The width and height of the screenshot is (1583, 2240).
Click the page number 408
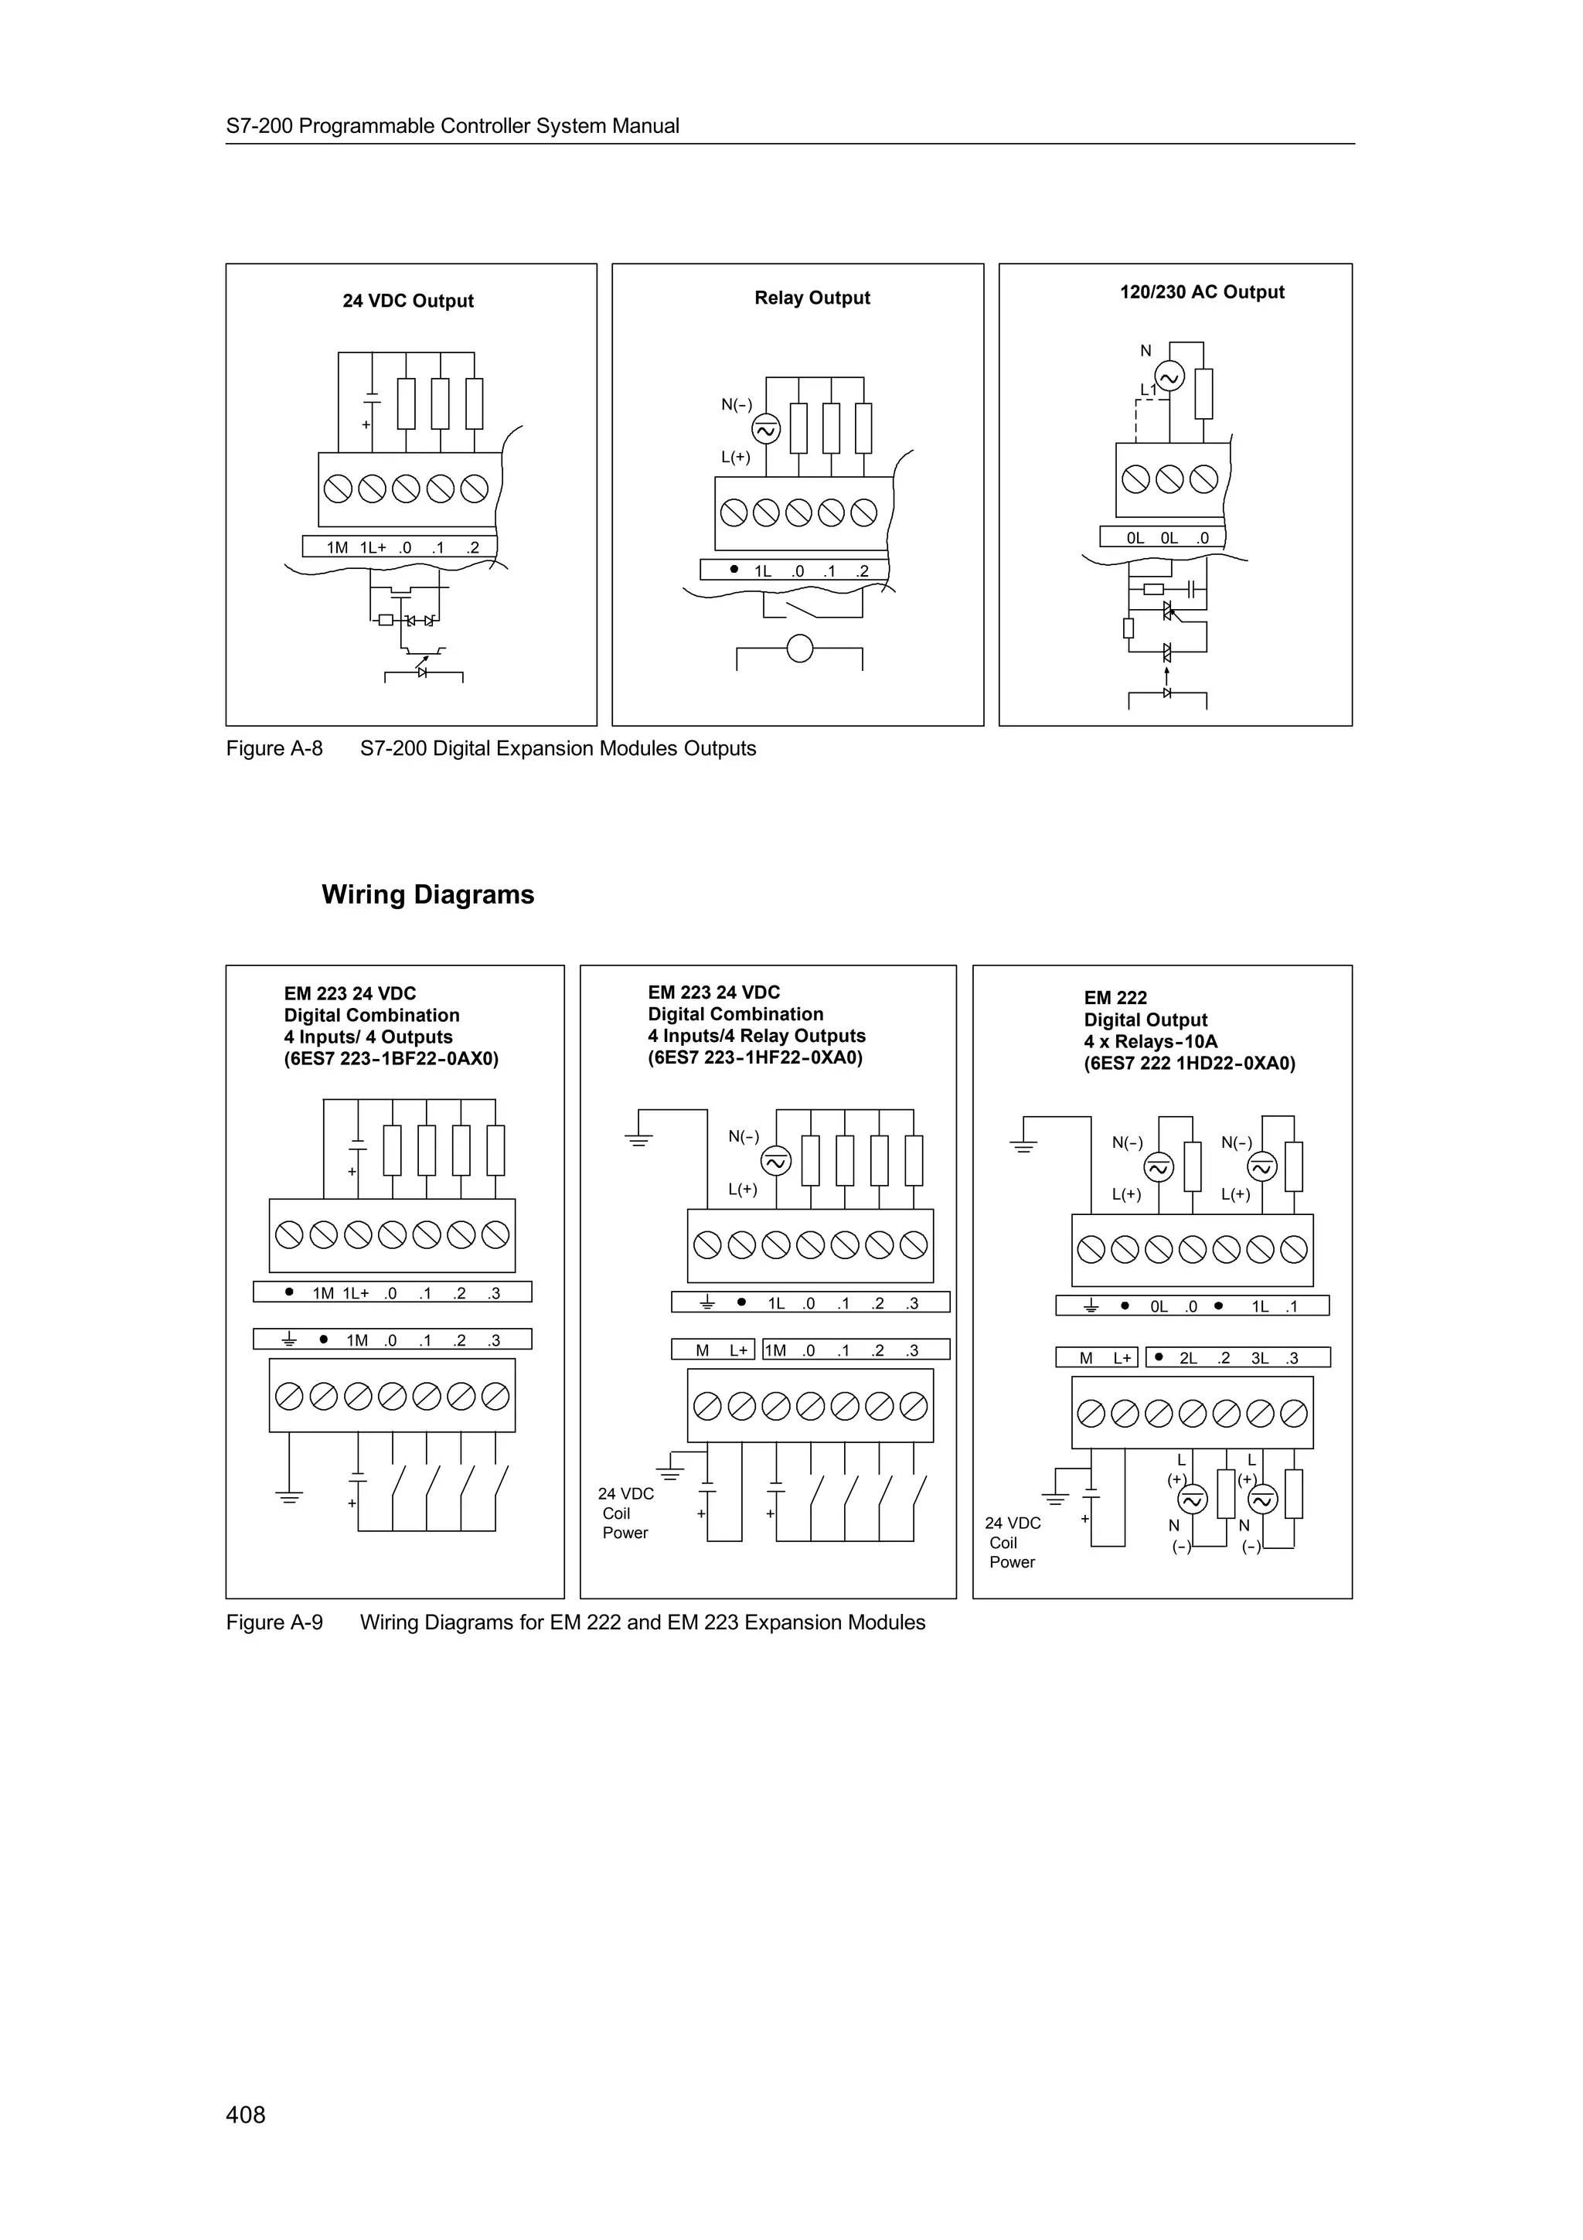tap(245, 2114)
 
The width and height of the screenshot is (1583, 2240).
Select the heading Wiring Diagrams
tap(427, 894)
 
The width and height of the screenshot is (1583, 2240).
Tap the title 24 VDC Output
tap(407, 301)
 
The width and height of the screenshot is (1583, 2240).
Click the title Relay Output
tap(812, 298)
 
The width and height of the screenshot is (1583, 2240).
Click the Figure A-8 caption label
tap(274, 748)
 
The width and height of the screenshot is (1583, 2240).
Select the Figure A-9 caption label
tap(274, 1622)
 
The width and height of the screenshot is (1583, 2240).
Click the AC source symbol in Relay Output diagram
tap(766, 429)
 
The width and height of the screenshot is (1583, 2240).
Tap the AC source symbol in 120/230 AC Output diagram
tap(1169, 376)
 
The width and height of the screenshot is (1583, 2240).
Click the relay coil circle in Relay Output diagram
tap(800, 648)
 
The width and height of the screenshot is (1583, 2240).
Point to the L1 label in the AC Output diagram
tap(1148, 390)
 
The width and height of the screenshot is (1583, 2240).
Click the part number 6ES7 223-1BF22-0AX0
tap(391, 1058)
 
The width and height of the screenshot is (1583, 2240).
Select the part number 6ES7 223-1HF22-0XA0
tap(755, 1057)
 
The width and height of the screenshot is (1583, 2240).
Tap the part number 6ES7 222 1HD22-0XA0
tap(1189, 1064)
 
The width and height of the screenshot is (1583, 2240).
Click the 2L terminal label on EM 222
tap(1188, 1358)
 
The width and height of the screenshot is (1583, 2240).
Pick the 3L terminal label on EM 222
tap(1259, 1358)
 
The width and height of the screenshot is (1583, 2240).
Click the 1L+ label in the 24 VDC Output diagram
tap(373, 547)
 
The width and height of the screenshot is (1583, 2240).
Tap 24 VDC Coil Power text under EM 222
tap(1013, 1543)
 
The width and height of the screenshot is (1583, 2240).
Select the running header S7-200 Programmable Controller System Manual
tap(453, 126)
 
